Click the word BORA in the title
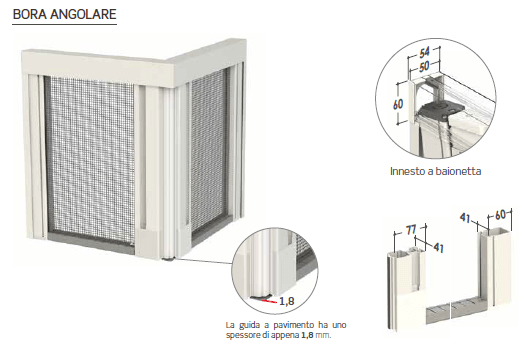[x=29, y=14]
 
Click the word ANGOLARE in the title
[x=83, y=14]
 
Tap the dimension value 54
[x=425, y=53]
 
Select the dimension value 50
[x=424, y=66]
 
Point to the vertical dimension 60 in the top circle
[x=398, y=104]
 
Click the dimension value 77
[x=411, y=230]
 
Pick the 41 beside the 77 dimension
[x=438, y=247]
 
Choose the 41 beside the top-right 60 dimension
[x=465, y=218]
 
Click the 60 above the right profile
[x=500, y=215]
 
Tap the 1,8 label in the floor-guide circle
[x=287, y=301]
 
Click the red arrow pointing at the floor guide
[x=270, y=302]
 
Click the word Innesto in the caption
[x=403, y=171]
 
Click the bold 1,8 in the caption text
[x=307, y=335]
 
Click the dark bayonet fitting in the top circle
[x=441, y=110]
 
